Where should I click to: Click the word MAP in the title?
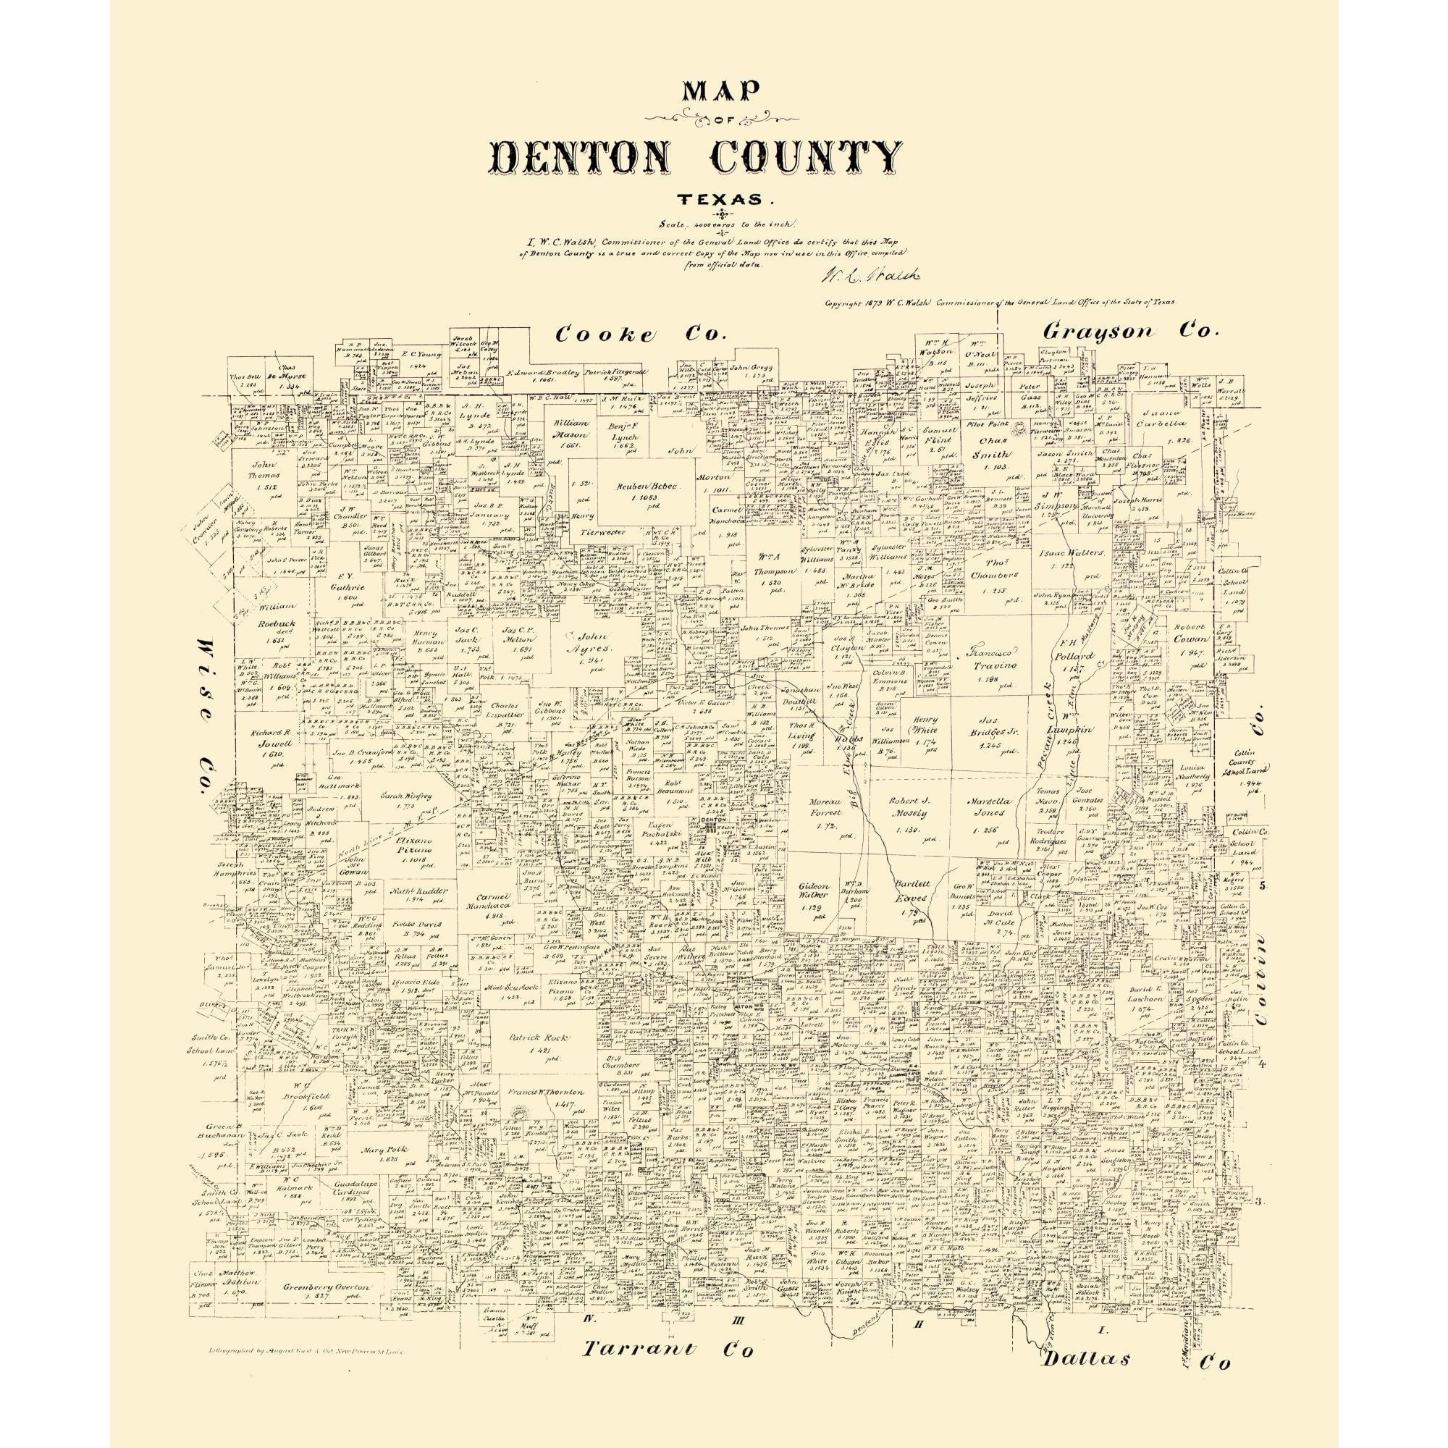(724, 94)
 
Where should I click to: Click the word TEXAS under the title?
(724, 200)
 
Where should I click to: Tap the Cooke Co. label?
(641, 335)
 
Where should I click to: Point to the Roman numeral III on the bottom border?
(738, 1321)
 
